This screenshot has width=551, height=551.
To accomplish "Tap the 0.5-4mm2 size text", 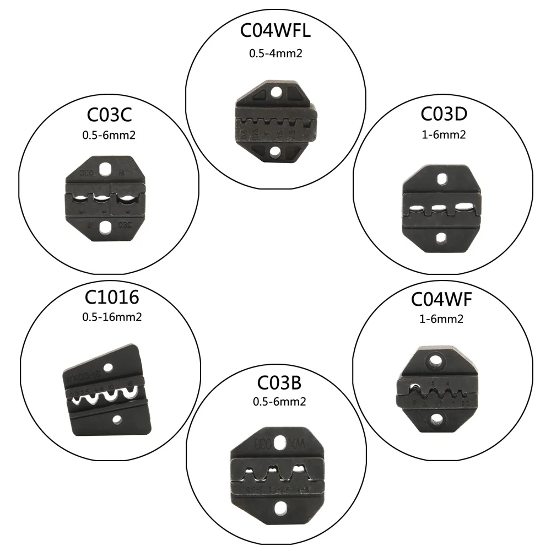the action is point(275,54).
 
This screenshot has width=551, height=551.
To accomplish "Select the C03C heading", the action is point(110,116).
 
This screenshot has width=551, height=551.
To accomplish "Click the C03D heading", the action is point(444,114).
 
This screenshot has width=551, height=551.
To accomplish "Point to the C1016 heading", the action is point(111,298).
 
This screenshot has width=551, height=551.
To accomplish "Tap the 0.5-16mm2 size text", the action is point(111,317).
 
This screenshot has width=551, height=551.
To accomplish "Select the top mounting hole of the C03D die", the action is point(441,181).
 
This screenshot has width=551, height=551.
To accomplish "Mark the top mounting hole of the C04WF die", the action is point(436,363).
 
